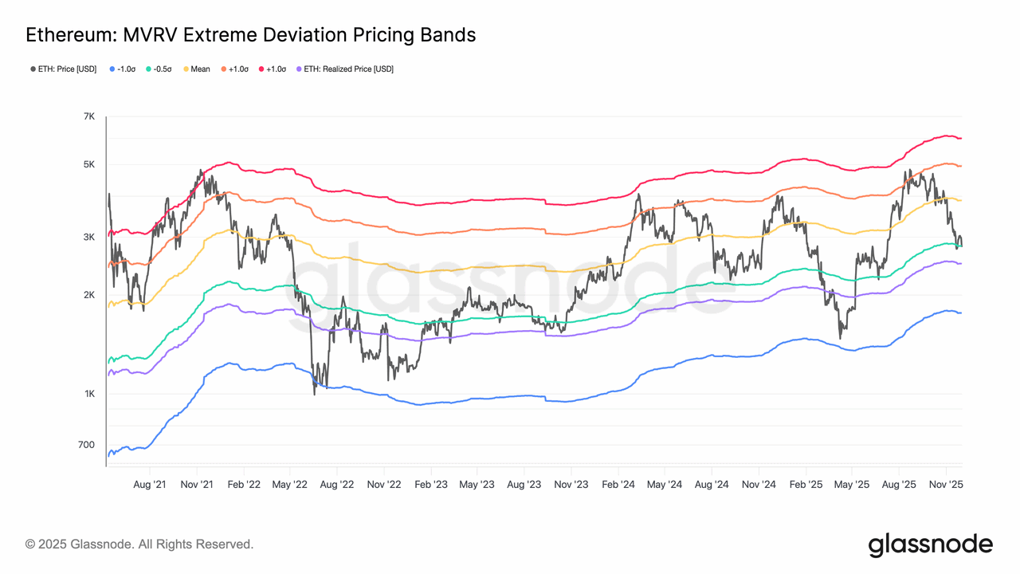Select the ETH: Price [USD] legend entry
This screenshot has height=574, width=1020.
tap(63, 69)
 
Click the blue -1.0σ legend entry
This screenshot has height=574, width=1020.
tap(122, 69)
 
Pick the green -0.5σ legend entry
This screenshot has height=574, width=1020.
tap(160, 69)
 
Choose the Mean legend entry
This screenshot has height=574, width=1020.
tap(197, 69)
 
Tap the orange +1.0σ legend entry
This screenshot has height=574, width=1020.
tap(234, 69)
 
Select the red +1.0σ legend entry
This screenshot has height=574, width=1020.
tap(273, 69)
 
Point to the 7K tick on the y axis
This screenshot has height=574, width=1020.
tap(88, 117)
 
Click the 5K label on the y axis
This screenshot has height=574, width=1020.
tap(88, 165)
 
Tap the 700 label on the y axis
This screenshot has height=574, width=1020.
tap(87, 445)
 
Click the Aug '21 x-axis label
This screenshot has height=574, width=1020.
tap(150, 484)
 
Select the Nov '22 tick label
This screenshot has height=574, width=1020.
tap(384, 484)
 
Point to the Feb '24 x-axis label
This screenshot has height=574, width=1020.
tap(618, 484)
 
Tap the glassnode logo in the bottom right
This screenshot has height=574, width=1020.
tap(930, 545)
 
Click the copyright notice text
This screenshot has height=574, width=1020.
tap(139, 545)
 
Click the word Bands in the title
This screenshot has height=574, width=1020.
tap(447, 35)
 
